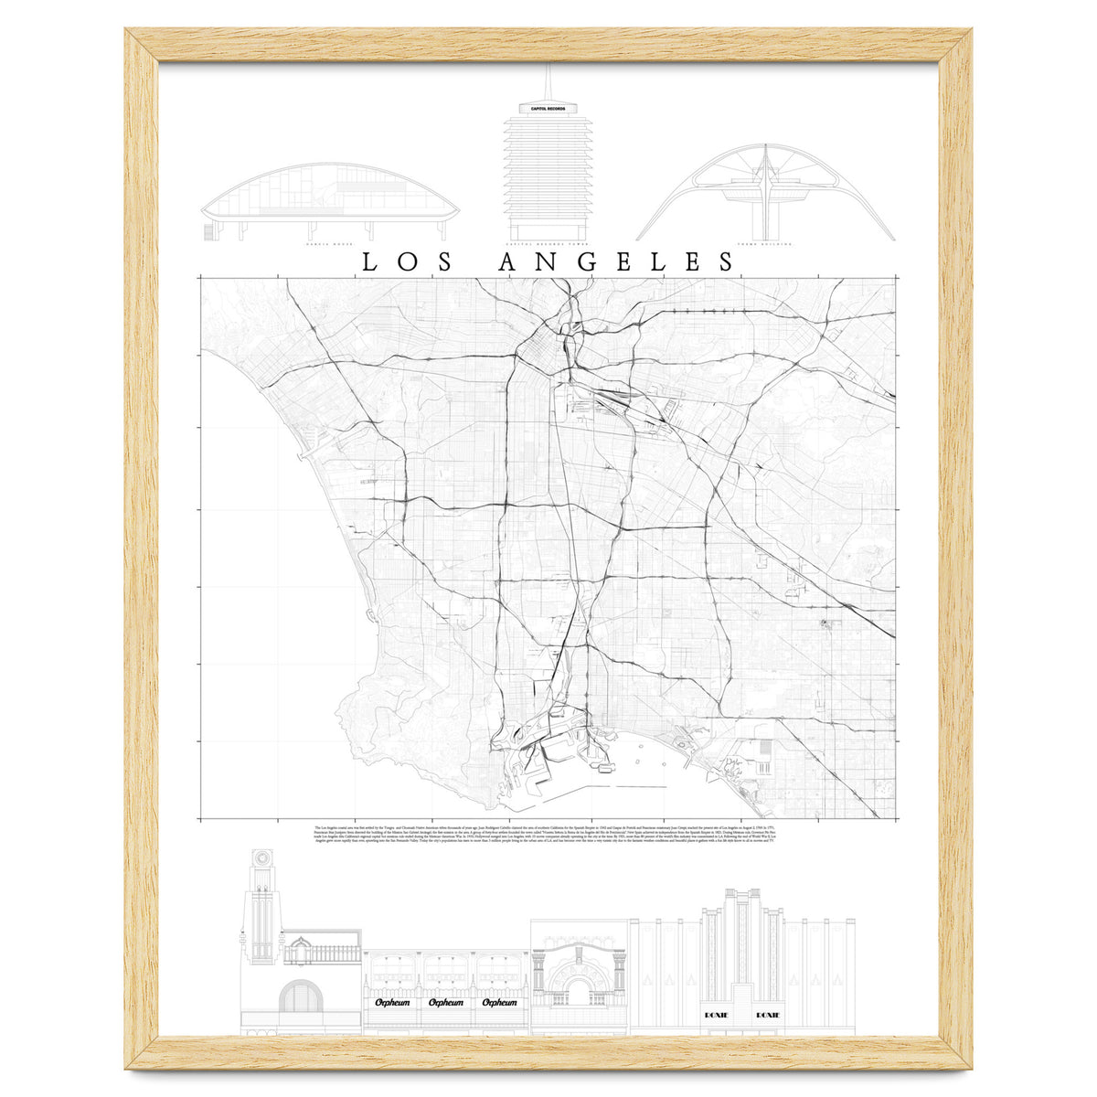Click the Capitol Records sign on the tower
pyautogui.click(x=548, y=109)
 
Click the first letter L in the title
pyautogui.click(x=371, y=262)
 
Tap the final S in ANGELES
pyautogui.click(x=726, y=262)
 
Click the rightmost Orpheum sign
pyautogui.click(x=498, y=1003)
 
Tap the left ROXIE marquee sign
pyautogui.click(x=716, y=1015)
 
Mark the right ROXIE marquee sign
pyautogui.click(x=768, y=1015)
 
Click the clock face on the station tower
pyautogui.click(x=263, y=858)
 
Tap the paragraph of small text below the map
pyautogui.click(x=548, y=836)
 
